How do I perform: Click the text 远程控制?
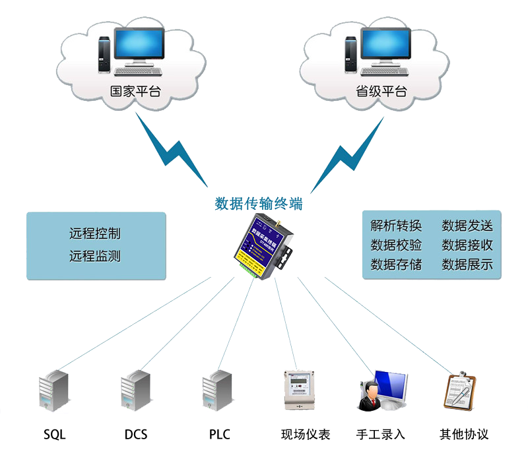tap(95, 233)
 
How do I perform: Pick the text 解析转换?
tap(396, 226)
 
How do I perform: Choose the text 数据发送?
tap(467, 226)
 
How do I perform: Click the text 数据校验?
tap(396, 245)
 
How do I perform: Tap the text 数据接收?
tap(467, 245)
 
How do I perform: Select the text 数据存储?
tap(396, 264)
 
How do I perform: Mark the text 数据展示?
tap(467, 264)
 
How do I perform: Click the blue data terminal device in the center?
tap(263, 249)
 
